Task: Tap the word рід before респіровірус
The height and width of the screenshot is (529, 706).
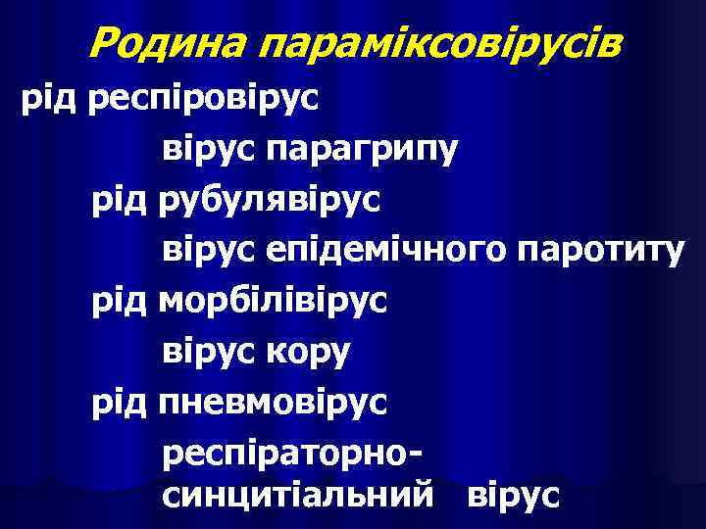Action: tap(50, 98)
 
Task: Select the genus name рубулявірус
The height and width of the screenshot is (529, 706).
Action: tap(271, 202)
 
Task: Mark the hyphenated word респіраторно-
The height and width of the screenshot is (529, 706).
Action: tap(293, 453)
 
